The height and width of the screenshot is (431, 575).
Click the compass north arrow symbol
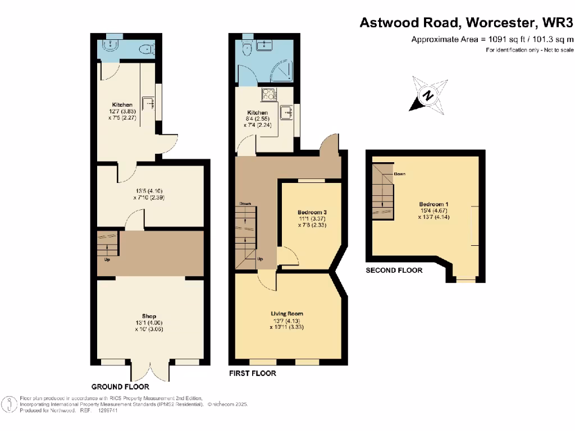[428, 95]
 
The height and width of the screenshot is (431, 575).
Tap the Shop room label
[149, 316]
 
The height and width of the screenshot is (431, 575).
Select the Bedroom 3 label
[312, 212]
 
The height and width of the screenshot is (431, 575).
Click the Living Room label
[287, 314]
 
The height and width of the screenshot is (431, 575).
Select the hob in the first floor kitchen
[268, 95]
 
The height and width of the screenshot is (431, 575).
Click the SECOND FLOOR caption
[394, 270]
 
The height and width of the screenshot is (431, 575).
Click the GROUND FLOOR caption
[120, 387]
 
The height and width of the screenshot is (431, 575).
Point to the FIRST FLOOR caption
[252, 373]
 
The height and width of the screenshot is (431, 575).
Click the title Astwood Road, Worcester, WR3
[466, 23]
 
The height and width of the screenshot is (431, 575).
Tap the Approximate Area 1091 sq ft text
[492, 39]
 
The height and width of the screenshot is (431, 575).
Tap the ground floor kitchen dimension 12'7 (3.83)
[122, 112]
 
